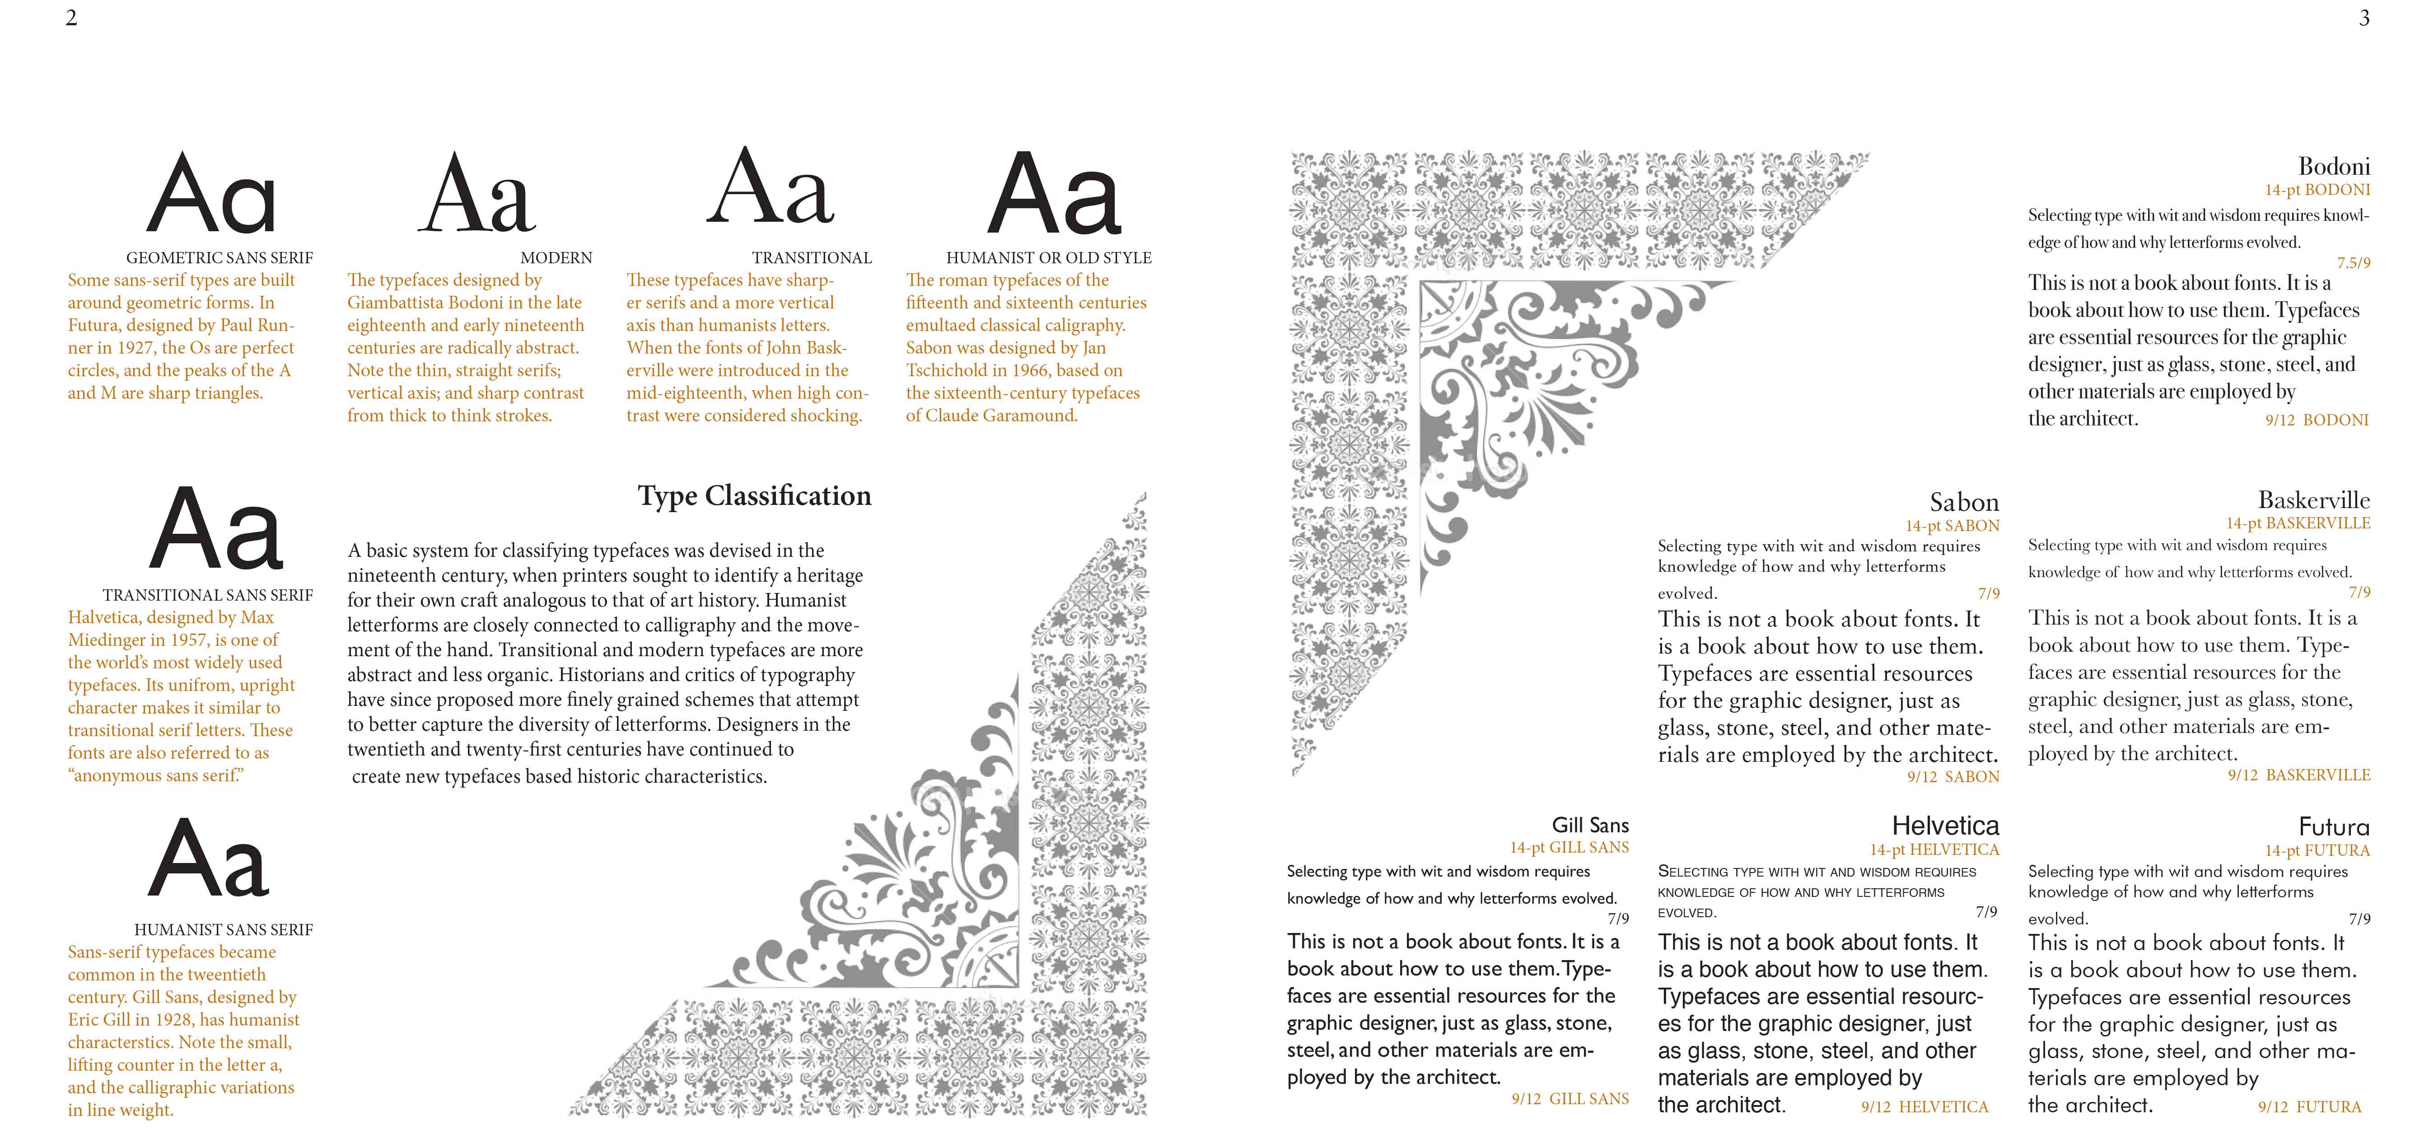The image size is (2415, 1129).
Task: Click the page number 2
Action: pos(71,18)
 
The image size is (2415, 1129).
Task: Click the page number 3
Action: pos(2364,18)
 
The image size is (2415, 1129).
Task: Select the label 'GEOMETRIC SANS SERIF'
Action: pos(220,258)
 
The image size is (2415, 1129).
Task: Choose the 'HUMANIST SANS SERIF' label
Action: pos(223,930)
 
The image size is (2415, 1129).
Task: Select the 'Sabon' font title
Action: pos(1964,503)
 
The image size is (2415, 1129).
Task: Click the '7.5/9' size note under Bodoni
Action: pos(2353,263)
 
